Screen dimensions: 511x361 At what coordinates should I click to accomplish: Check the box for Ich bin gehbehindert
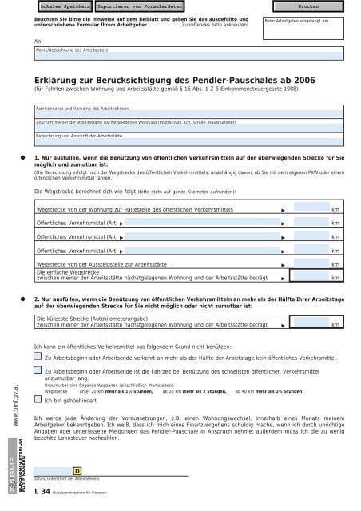tap(38, 401)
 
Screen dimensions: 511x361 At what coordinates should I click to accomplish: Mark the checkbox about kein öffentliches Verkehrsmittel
tap(38, 359)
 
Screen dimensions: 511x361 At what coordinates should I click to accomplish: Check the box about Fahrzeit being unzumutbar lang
tap(38, 373)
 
